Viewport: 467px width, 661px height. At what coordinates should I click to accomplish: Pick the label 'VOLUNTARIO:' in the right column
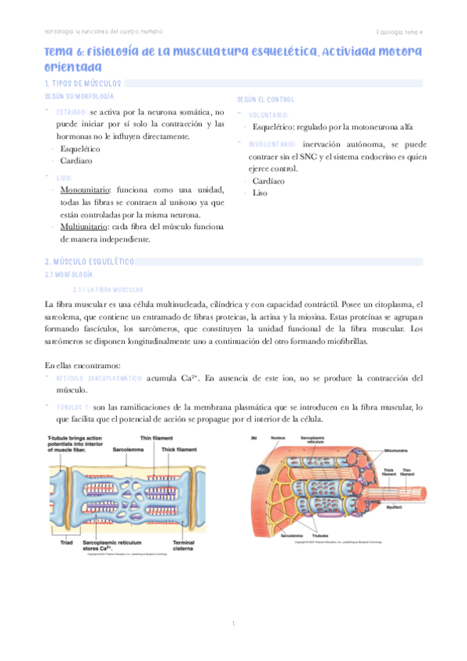tap(269, 115)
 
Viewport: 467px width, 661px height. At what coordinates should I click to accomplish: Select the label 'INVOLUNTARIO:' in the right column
tap(271, 144)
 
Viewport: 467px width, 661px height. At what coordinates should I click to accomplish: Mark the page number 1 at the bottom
tap(233, 624)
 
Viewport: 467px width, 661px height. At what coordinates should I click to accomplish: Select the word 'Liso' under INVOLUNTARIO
tap(260, 193)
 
